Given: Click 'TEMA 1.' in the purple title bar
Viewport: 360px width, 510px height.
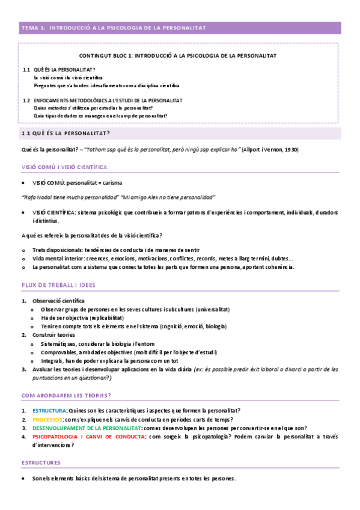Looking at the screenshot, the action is [33, 28].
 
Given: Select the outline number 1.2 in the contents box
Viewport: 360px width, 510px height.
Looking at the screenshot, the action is [26, 100].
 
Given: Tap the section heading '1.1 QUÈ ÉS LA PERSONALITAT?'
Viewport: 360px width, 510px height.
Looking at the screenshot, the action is [66, 133].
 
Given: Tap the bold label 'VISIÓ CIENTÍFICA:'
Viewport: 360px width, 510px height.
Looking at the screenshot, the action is [54, 212].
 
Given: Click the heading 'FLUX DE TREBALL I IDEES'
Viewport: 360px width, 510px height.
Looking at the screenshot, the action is [58, 284].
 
